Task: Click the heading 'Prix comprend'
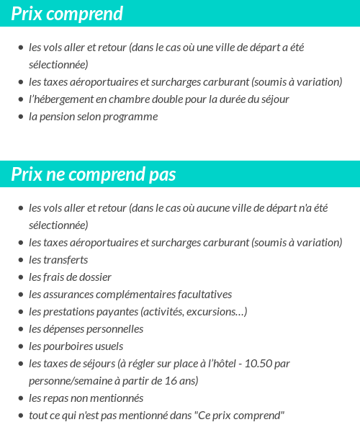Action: click(x=67, y=14)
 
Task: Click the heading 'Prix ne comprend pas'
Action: click(x=94, y=175)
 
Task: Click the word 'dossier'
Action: click(x=94, y=277)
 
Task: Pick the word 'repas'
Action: click(x=60, y=398)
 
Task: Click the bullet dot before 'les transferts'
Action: click(x=20, y=261)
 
